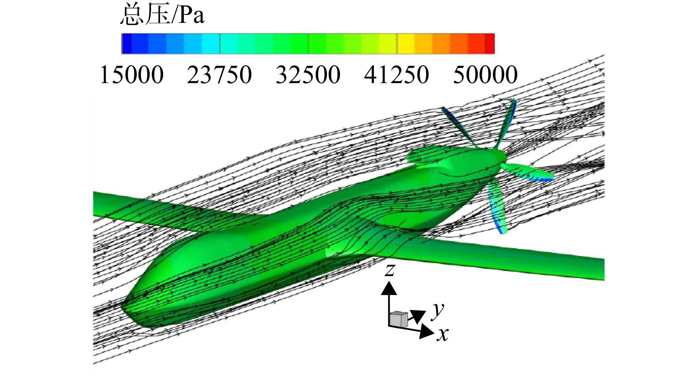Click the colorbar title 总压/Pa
pyautogui.click(x=162, y=16)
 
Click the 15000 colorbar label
pyautogui.click(x=132, y=74)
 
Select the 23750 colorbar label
pyautogui.click(x=219, y=74)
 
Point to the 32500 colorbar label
pyautogui.click(x=308, y=74)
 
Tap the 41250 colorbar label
pyautogui.click(x=397, y=74)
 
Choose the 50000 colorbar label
pyautogui.click(x=485, y=74)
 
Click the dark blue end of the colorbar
pyautogui.click(x=126, y=43)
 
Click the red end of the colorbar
pyautogui.click(x=490, y=43)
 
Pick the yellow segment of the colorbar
pyautogui.click(x=406, y=43)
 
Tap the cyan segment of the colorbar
pyautogui.click(x=211, y=43)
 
